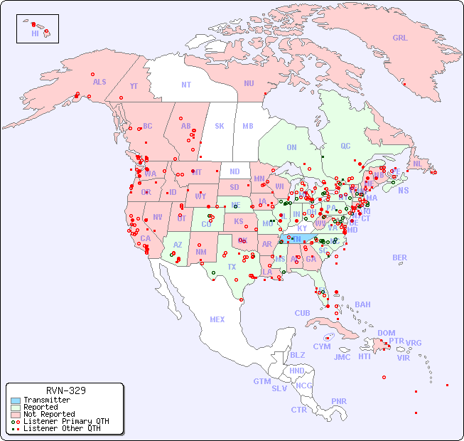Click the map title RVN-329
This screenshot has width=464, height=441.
point(66,391)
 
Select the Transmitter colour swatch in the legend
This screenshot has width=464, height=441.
point(16,400)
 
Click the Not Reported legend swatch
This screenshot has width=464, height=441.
point(16,414)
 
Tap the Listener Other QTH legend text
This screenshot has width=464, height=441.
point(62,428)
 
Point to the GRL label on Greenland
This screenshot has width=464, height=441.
point(400,38)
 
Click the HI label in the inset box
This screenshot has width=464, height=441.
point(35,33)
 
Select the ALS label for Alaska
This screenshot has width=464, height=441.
point(99,82)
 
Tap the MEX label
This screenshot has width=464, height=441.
point(217,319)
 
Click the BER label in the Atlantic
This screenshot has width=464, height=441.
point(400,257)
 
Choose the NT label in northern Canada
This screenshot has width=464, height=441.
point(186,84)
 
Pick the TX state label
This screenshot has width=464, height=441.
point(232,267)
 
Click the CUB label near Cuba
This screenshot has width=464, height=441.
point(303,313)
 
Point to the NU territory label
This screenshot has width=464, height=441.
point(249,83)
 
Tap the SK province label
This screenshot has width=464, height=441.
point(220,126)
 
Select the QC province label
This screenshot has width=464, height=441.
point(345,146)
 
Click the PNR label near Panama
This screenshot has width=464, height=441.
point(339,401)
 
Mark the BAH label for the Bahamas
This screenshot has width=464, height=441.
point(362,304)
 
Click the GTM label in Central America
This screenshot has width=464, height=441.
point(261,381)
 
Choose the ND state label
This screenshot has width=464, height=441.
point(234,171)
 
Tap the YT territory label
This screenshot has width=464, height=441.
point(134,86)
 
